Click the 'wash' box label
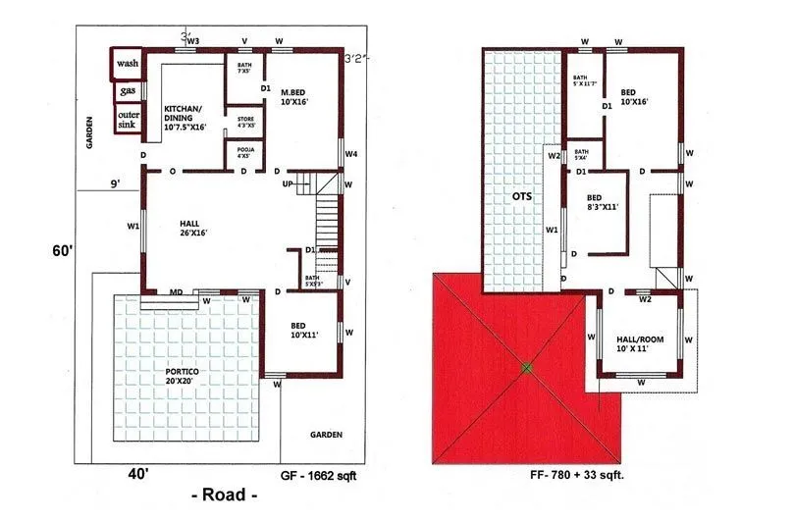click(126, 64)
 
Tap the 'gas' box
click(127, 91)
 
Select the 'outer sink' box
click(127, 120)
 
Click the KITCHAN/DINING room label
click(185, 118)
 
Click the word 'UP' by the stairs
click(288, 184)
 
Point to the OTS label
click(522, 196)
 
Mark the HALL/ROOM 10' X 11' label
click(639, 342)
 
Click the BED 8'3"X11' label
click(602, 202)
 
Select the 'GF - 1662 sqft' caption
click(324, 473)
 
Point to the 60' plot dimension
click(63, 251)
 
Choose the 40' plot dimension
click(139, 474)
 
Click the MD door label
click(176, 291)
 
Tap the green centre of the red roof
click(527, 368)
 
